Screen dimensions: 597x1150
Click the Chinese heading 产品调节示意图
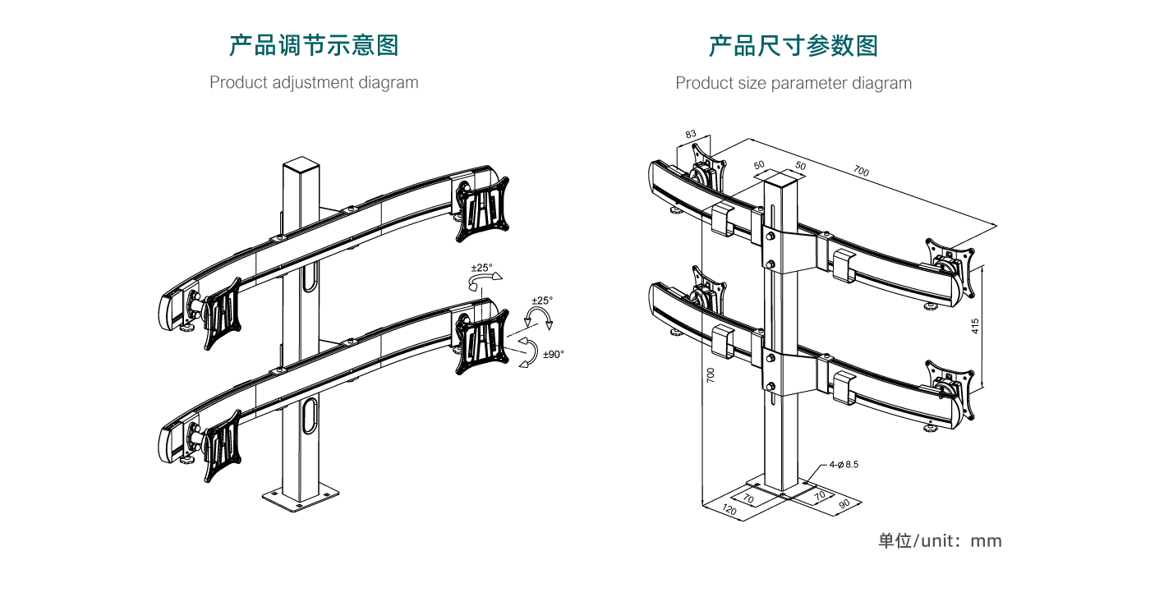(x=314, y=45)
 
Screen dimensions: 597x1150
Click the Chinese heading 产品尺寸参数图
(x=793, y=45)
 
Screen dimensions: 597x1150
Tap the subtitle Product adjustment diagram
(x=314, y=83)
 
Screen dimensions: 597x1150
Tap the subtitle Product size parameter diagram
(x=793, y=83)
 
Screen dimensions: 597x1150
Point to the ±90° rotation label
(x=553, y=355)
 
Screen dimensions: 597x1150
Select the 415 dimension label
(x=975, y=326)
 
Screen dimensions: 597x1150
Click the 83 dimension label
(x=690, y=134)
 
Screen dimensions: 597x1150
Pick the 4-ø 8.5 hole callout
(x=844, y=465)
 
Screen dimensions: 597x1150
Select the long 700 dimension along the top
(x=860, y=172)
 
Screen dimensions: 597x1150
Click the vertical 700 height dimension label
(x=711, y=376)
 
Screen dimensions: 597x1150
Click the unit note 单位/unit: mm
(x=940, y=541)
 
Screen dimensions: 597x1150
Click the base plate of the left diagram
(x=301, y=497)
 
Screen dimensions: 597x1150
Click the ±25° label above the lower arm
(x=482, y=269)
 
